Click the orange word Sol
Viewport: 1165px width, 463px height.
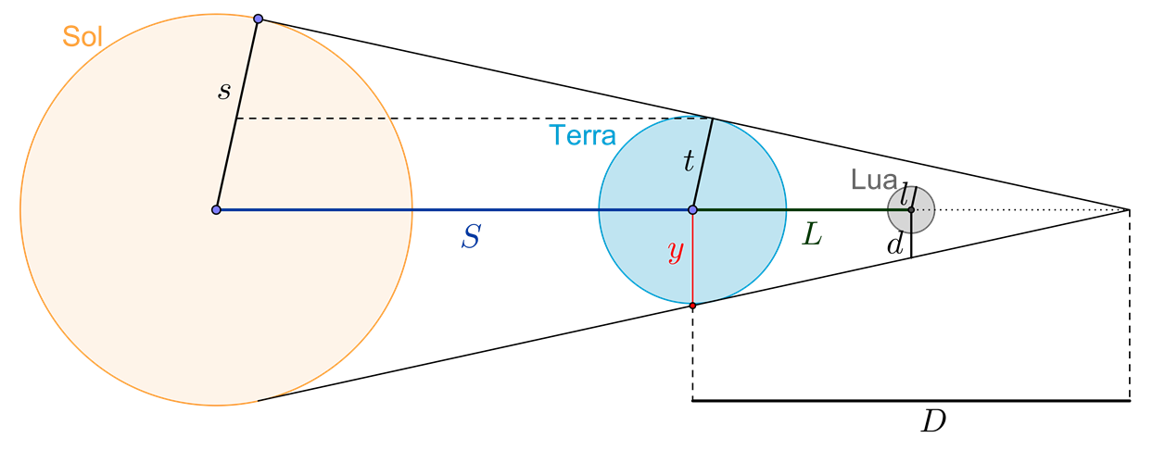point(82,37)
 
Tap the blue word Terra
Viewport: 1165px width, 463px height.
point(582,136)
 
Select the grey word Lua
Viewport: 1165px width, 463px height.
point(873,181)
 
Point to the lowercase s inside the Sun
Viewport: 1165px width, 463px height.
point(223,91)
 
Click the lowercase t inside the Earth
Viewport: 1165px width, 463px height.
point(688,163)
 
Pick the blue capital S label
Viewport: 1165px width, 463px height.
point(471,238)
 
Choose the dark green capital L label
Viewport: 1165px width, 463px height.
point(811,236)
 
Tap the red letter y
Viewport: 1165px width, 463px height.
point(677,251)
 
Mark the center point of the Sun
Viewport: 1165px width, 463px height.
point(216,210)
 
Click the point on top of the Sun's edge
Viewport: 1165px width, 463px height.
point(258,19)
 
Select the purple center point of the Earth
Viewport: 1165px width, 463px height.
point(692,210)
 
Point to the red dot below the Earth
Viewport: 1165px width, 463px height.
point(692,305)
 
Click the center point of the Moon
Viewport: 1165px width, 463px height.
point(911,210)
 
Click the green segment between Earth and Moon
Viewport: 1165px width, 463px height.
point(834,210)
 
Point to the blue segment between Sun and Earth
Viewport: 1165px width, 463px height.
point(500,210)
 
